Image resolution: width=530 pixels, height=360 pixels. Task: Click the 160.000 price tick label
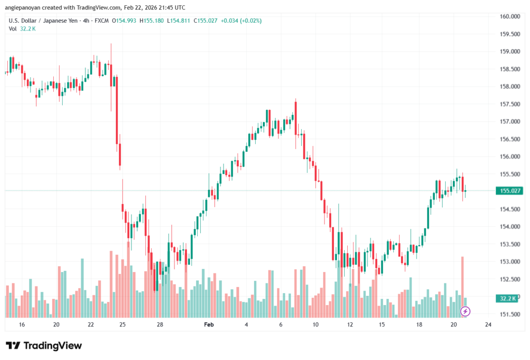pyautogui.click(x=509, y=16)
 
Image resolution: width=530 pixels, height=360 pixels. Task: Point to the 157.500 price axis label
pyautogui.click(x=509, y=104)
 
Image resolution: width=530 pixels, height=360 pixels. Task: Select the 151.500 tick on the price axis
pyautogui.click(x=509, y=314)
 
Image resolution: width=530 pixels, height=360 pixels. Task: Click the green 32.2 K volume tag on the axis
pyautogui.click(x=509, y=298)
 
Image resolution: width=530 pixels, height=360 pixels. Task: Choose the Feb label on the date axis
pyautogui.click(x=209, y=324)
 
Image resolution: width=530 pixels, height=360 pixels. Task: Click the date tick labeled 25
pyautogui.click(x=123, y=324)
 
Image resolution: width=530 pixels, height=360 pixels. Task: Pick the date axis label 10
pyautogui.click(x=315, y=324)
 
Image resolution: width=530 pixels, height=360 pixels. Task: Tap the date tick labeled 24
pyautogui.click(x=488, y=324)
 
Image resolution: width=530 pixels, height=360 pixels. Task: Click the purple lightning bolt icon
pyautogui.click(x=465, y=311)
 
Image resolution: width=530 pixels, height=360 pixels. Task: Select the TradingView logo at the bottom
pyautogui.click(x=44, y=345)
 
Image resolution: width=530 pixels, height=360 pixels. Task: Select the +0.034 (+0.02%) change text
pyautogui.click(x=241, y=21)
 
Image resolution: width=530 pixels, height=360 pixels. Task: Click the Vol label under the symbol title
pyautogui.click(x=12, y=28)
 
